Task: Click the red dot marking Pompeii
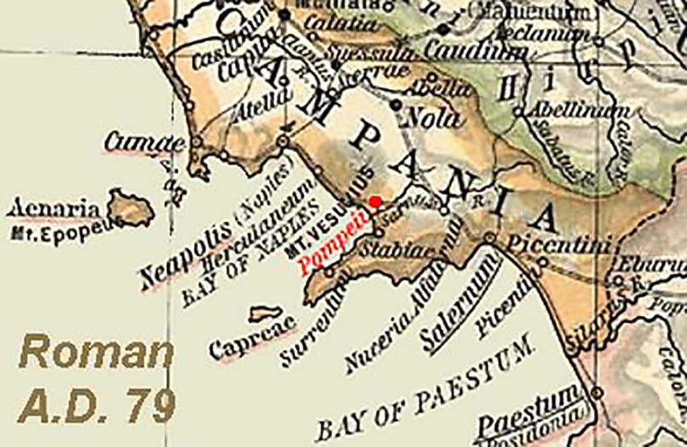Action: [x=376, y=201]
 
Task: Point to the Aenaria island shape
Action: [x=130, y=208]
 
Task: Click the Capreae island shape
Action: [x=266, y=313]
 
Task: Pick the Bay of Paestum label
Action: [x=427, y=390]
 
